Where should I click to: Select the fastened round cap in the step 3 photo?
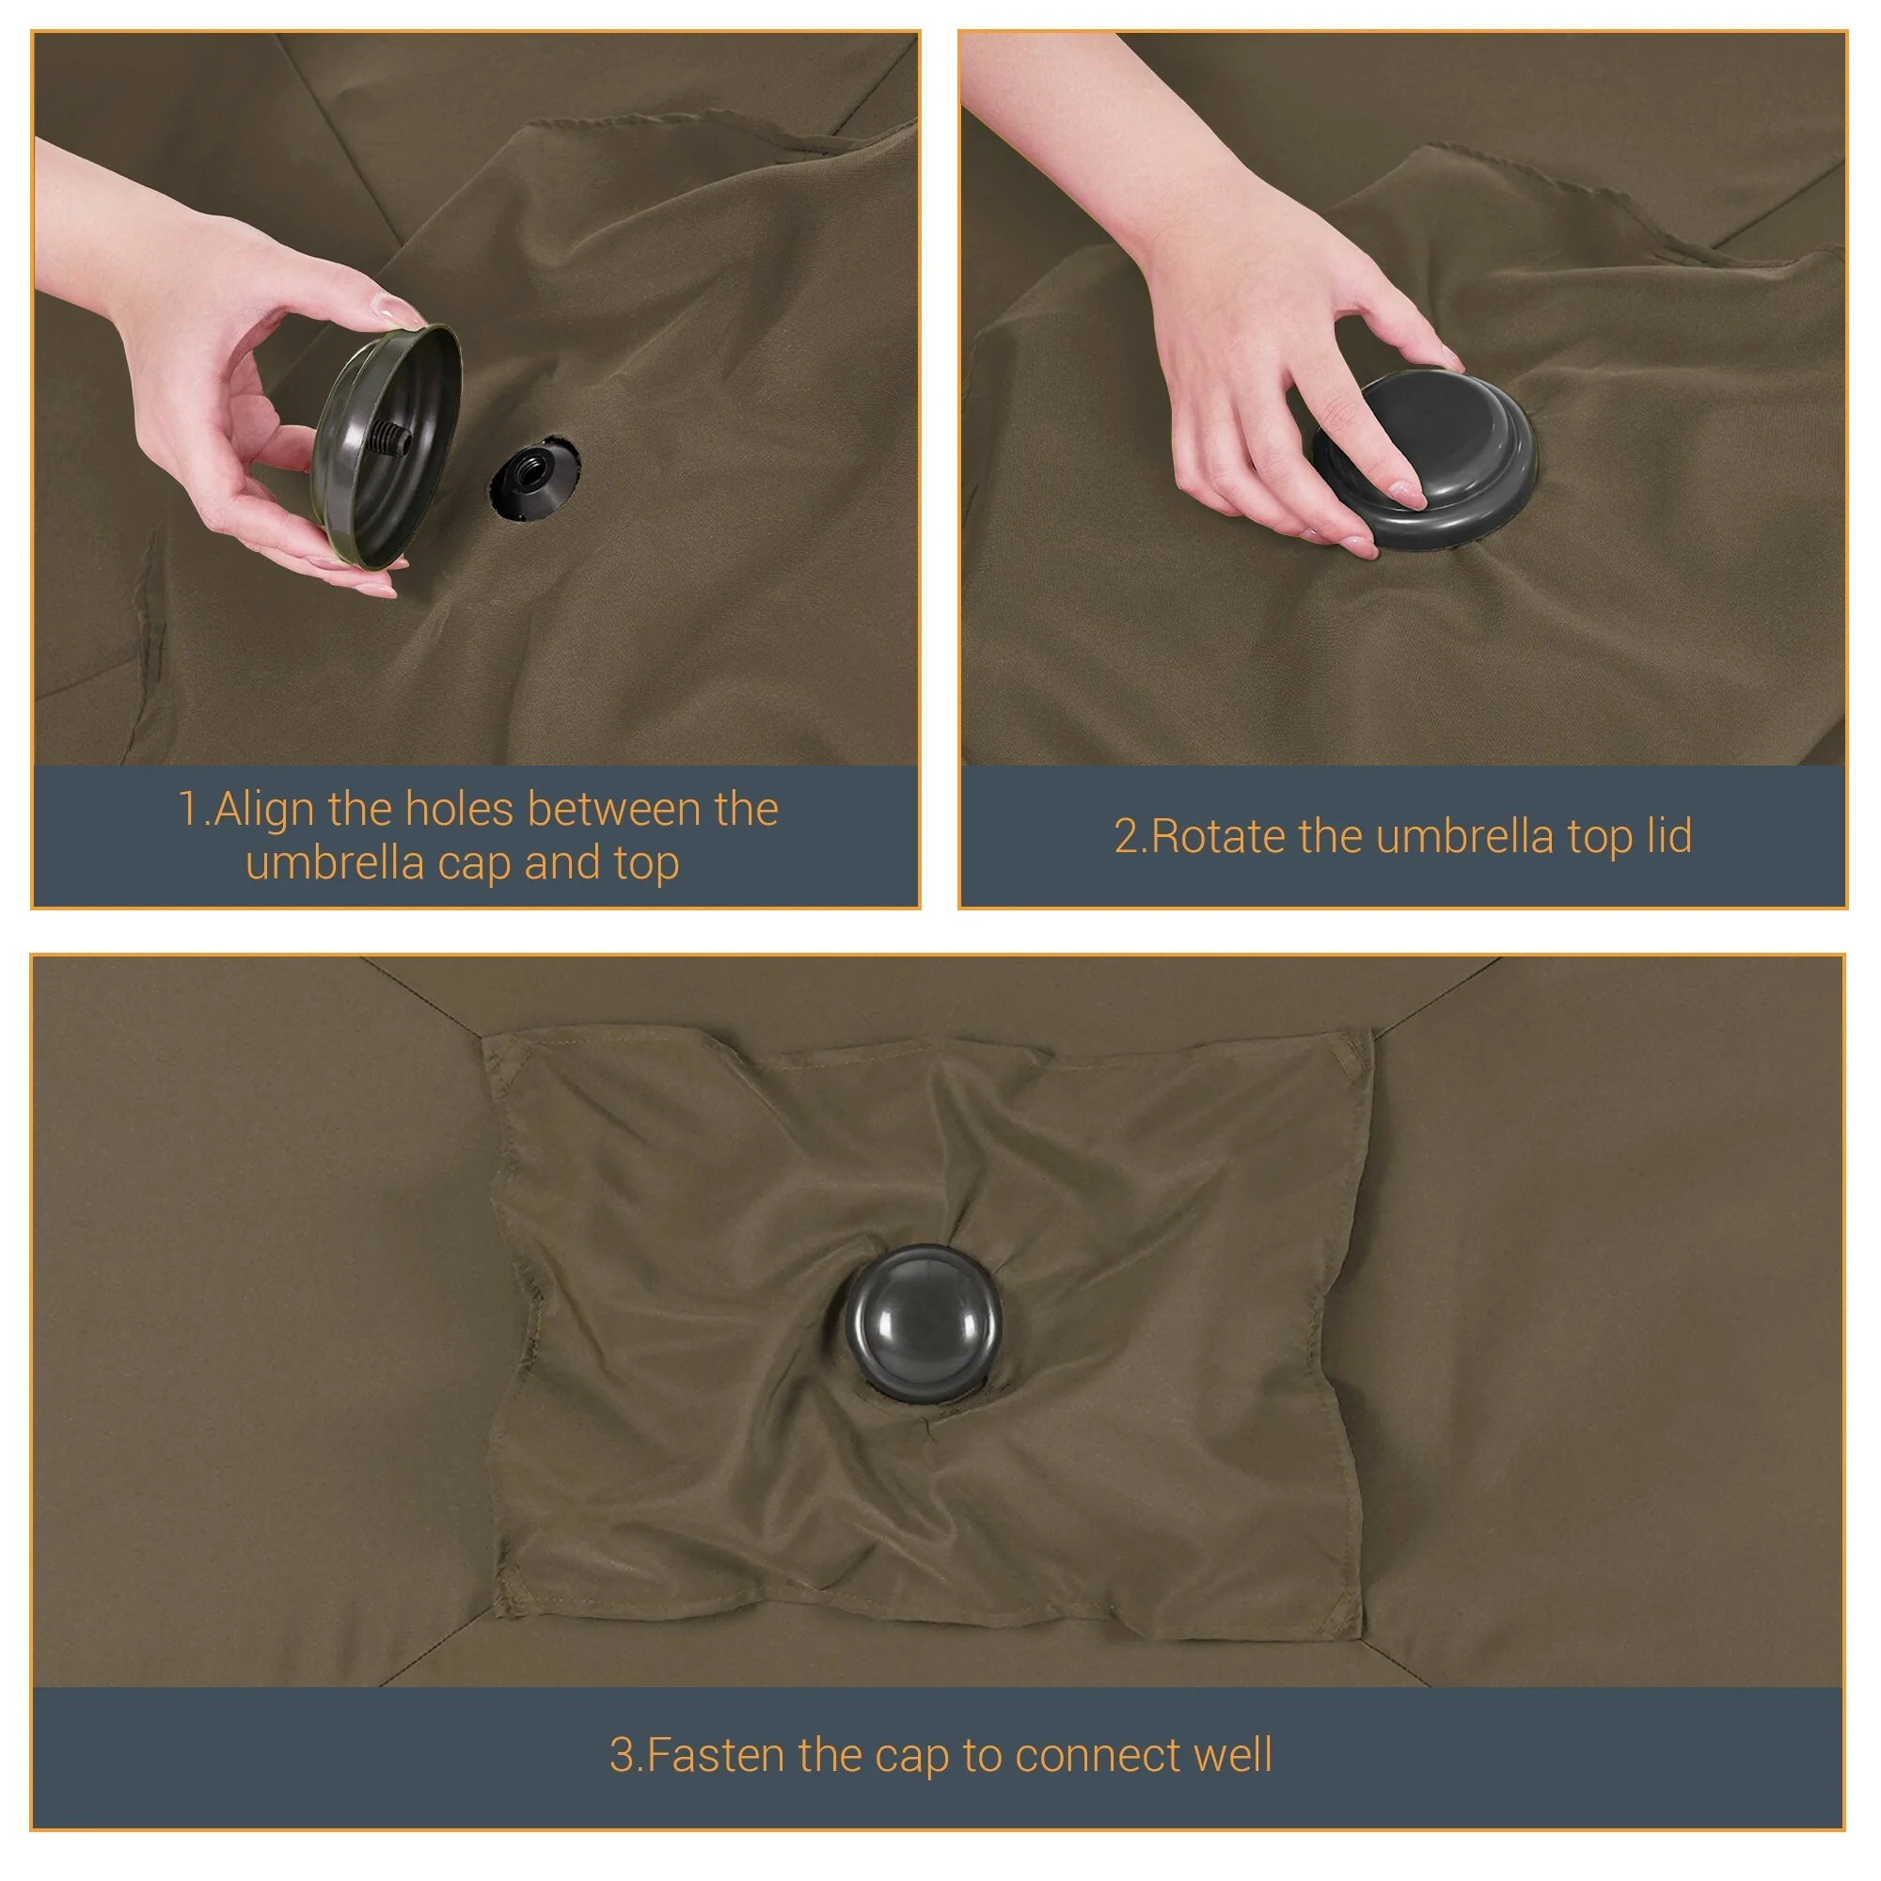921,1323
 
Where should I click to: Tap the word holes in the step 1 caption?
459,809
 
